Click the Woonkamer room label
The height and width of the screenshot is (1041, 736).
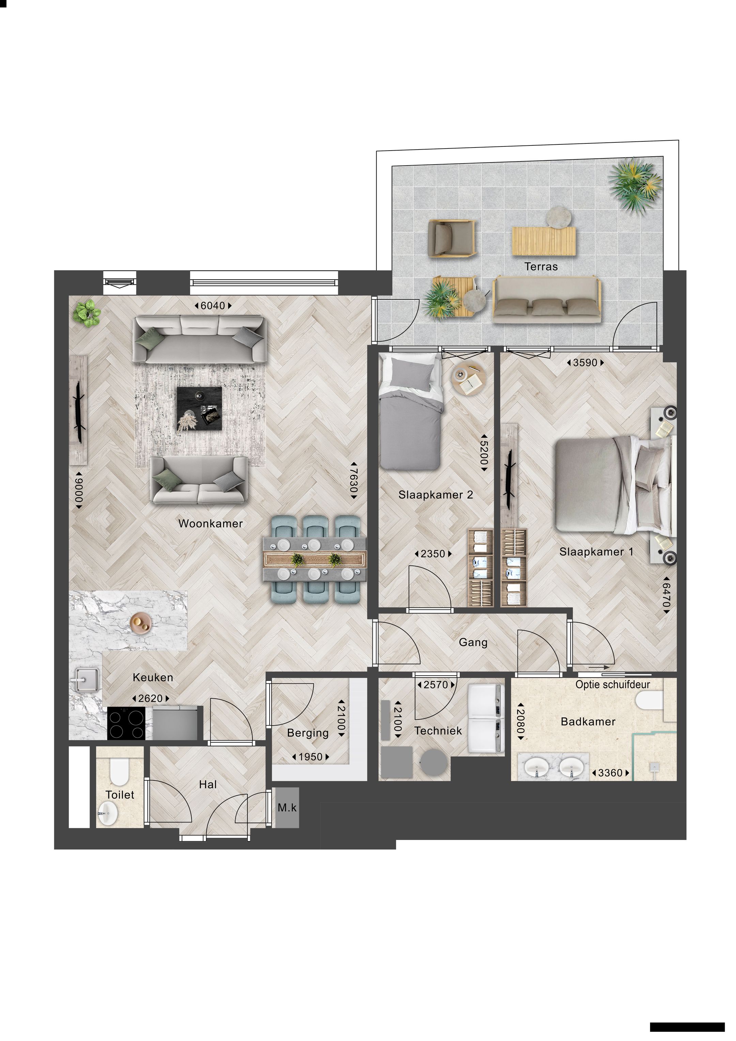211,524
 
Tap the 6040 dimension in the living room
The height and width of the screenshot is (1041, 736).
213,306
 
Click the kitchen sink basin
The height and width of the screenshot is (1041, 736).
85,680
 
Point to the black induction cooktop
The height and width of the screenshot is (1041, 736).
126,723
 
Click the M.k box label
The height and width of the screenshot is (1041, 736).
287,808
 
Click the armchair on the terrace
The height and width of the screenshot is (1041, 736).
452,238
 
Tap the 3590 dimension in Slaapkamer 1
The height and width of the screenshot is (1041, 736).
585,363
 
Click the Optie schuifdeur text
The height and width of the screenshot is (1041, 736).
612,685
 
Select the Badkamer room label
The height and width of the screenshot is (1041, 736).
588,722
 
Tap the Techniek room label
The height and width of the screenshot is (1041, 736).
438,731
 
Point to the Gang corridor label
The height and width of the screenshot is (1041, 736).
473,642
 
